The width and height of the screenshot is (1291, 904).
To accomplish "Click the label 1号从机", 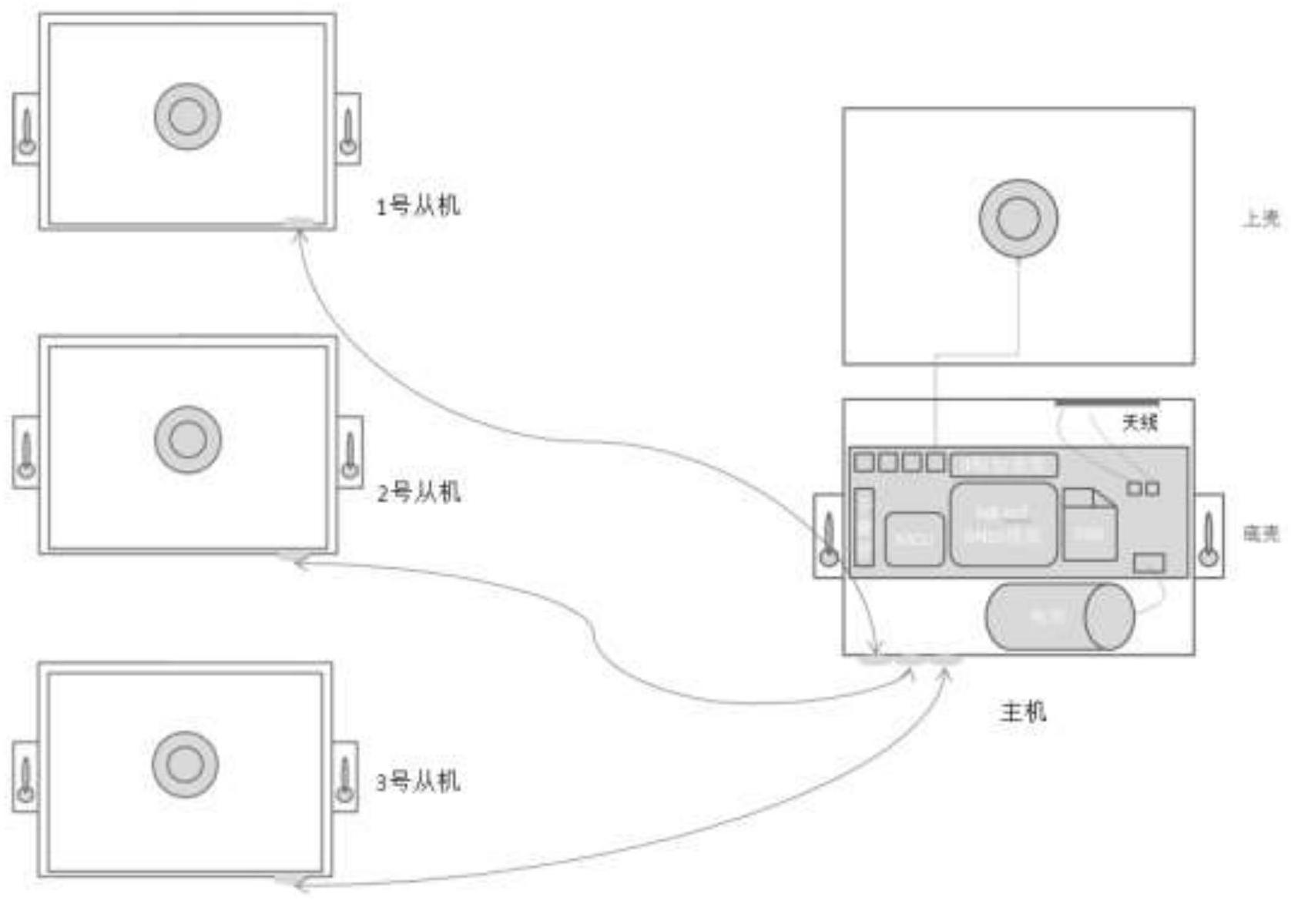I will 417,206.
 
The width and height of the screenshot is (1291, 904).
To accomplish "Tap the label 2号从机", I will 419,493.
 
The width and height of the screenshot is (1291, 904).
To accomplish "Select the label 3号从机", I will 418,782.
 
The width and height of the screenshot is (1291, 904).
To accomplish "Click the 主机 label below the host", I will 1023,711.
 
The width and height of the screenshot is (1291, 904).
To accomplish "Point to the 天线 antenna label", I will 1139,423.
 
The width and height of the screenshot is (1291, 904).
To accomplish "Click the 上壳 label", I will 1261,220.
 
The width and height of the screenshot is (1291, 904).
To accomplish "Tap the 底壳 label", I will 1261,534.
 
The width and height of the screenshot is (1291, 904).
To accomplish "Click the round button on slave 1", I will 187,116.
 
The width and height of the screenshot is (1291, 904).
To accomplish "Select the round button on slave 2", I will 187,440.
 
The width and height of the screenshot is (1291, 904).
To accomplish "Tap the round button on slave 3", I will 185,765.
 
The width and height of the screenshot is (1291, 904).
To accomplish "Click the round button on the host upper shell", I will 1018,219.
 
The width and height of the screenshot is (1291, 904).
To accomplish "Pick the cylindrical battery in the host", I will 1059,616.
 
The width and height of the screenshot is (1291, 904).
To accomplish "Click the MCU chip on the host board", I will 914,538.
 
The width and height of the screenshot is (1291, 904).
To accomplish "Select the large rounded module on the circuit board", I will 1004,524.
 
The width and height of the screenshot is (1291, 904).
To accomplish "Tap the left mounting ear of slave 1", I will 26,129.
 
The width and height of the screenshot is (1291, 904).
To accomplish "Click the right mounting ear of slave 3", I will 345,776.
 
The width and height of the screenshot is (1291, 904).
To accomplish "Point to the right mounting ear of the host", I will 1209,535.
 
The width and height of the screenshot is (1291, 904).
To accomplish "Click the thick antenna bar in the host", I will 1106,402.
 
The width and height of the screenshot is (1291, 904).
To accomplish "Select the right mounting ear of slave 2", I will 350,452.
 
